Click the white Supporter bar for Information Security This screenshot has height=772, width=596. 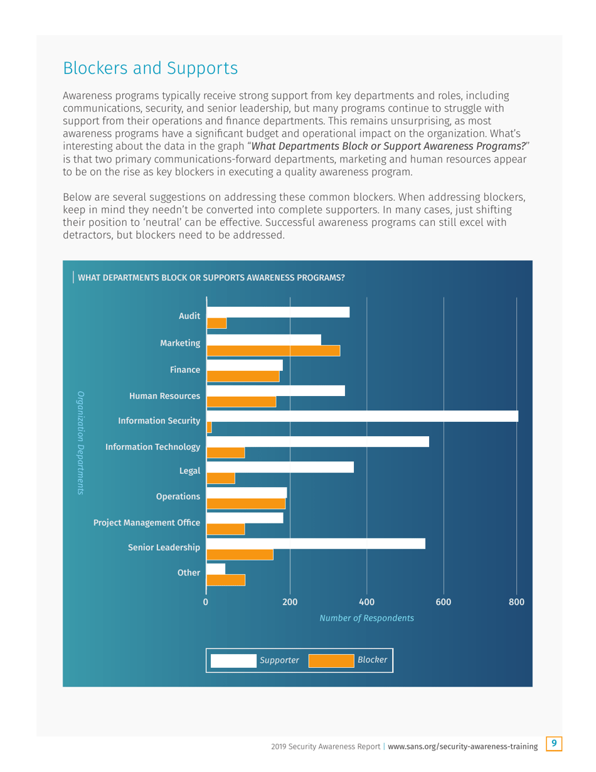coord(362,416)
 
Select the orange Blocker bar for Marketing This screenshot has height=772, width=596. coord(273,351)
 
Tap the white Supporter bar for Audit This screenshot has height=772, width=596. coord(278,313)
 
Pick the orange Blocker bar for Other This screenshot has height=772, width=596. coord(226,581)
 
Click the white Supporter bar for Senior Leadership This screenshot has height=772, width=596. coord(316,544)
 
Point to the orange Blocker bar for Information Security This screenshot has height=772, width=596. coord(209,428)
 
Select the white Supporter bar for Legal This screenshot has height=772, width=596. coord(280,467)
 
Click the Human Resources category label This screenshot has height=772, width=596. coord(164,396)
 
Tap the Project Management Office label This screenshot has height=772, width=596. coord(147,522)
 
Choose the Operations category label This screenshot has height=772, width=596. coord(178,496)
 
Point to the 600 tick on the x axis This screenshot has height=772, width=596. coord(444,603)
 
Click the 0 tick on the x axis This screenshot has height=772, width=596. coord(206,603)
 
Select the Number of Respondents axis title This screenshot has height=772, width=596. coord(366,618)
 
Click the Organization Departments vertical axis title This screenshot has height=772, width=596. coord(80,443)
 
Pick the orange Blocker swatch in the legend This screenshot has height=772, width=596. coord(331,660)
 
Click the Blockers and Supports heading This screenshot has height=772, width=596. coord(150,68)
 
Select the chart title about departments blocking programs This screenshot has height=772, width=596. coord(211,277)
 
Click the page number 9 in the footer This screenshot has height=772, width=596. coord(554,744)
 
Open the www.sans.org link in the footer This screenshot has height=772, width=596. coord(463,746)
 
